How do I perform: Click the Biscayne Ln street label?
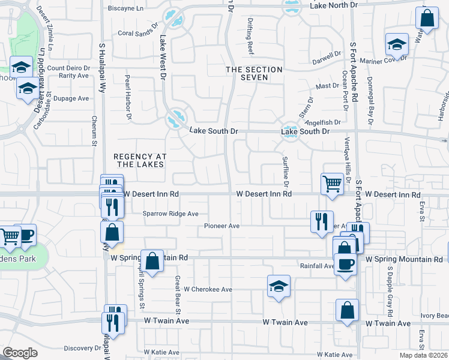click(125, 8)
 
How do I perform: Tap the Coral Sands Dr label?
click(137, 34)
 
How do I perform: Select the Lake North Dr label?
click(333, 5)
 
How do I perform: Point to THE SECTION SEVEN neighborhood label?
click(254, 74)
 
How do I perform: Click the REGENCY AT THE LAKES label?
click(139, 160)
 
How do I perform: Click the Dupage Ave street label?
click(71, 98)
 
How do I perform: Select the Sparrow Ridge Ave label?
click(170, 214)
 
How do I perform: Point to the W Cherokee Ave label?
click(208, 289)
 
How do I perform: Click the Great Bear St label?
click(178, 295)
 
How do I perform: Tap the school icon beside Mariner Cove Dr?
click(397, 44)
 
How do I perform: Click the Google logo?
click(20, 353)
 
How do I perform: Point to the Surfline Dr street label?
click(286, 170)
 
